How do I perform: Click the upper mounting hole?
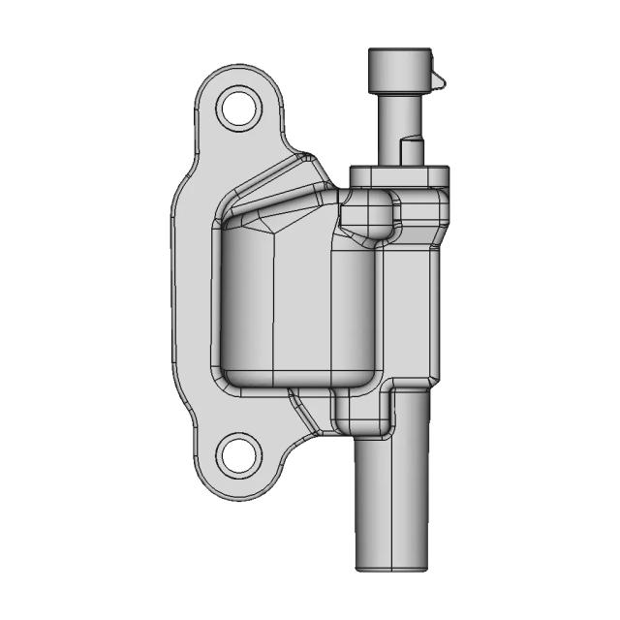236,108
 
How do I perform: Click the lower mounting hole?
236,454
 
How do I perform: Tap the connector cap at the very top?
398,67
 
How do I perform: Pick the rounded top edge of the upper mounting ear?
236,70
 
